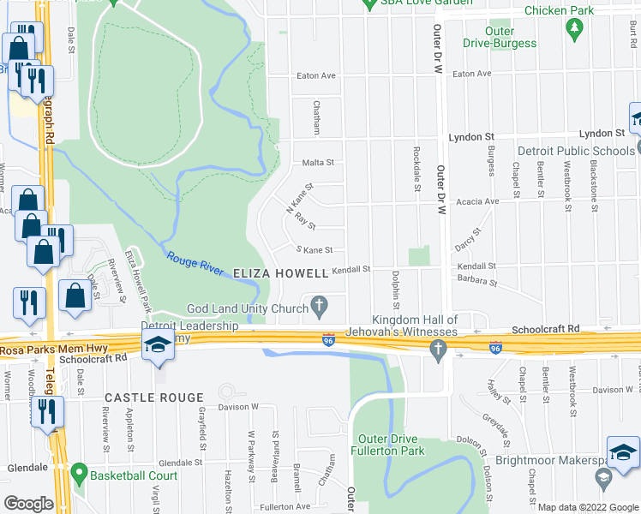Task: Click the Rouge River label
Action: [195, 261]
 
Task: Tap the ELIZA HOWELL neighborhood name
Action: [281, 273]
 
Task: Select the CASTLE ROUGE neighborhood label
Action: [154, 398]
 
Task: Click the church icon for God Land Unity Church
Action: [320, 304]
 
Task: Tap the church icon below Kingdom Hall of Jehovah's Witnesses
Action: [438, 349]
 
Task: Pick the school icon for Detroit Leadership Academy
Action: [157, 344]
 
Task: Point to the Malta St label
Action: [316, 162]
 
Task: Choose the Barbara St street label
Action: [477, 280]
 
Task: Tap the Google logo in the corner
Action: [28, 504]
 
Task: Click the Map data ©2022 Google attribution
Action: [588, 507]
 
